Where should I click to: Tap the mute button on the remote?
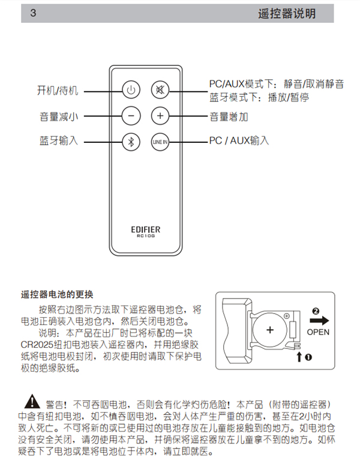[160, 91]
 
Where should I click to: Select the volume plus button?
[160, 116]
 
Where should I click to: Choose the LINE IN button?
[160, 142]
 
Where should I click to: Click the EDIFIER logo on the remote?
[145, 229]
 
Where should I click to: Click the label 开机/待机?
[58, 91]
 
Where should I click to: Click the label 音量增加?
[229, 116]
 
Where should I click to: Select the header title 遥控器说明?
[286, 13]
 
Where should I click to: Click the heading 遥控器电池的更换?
[58, 294]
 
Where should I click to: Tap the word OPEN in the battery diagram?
[318, 331]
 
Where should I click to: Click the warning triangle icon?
[29, 402]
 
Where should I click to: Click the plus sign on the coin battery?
[270, 330]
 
